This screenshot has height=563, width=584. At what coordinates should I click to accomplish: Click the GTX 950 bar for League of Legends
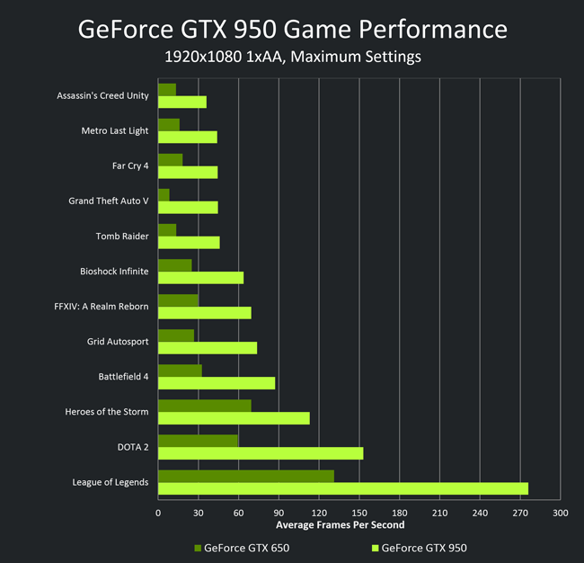coord(343,488)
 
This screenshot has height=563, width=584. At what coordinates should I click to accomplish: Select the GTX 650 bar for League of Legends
coord(246,476)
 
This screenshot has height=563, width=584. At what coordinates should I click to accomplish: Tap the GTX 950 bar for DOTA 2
coord(261,453)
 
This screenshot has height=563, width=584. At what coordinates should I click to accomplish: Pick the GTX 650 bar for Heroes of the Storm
coord(205,406)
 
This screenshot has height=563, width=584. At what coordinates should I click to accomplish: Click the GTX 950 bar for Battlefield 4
coord(217,383)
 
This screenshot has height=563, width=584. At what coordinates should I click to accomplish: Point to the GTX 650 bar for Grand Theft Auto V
coord(164,195)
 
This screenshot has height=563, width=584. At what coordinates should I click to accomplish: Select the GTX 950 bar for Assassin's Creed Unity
coord(182,103)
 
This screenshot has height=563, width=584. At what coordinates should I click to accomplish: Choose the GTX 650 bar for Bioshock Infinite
coord(175,265)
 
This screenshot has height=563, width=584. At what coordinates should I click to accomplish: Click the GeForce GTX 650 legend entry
coord(242,548)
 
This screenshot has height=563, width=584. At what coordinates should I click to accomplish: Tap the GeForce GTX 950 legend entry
coord(420,548)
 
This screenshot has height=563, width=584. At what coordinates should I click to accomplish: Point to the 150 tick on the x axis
coord(359,513)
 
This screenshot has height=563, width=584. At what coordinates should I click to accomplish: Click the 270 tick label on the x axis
coord(520,513)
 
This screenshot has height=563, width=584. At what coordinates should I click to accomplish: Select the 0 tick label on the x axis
coord(158,513)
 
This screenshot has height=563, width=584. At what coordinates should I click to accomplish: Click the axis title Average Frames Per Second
coord(340,525)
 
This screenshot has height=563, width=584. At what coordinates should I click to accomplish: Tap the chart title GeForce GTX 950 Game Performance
coord(292,29)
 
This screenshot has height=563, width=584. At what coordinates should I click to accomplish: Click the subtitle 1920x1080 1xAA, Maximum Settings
coord(293,57)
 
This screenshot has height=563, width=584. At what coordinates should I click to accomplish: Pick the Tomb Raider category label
coord(122,237)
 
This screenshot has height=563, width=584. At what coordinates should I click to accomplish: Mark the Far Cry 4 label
coord(130,165)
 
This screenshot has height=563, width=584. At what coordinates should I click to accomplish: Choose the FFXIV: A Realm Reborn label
coord(102,307)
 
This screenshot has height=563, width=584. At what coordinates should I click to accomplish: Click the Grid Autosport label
coord(118,342)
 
